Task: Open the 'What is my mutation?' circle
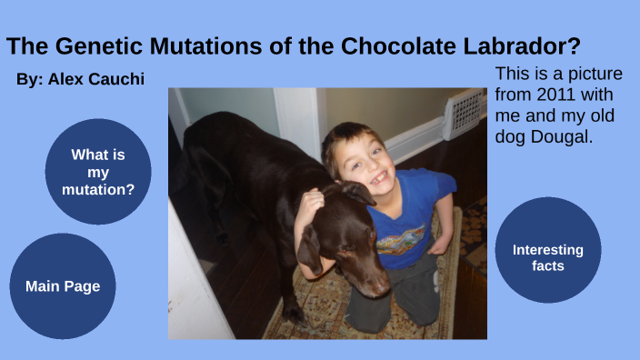[98, 172]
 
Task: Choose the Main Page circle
[63, 286]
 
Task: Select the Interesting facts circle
[547, 257]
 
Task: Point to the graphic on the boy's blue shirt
[401, 240]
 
